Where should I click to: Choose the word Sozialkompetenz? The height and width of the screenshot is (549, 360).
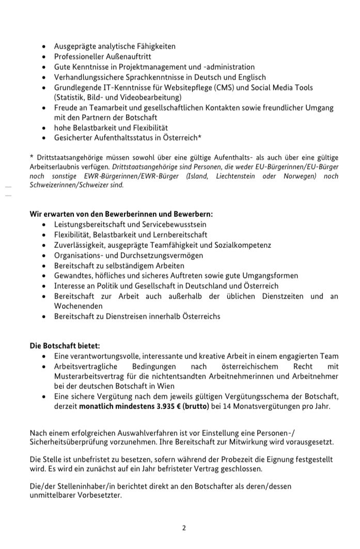242,245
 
